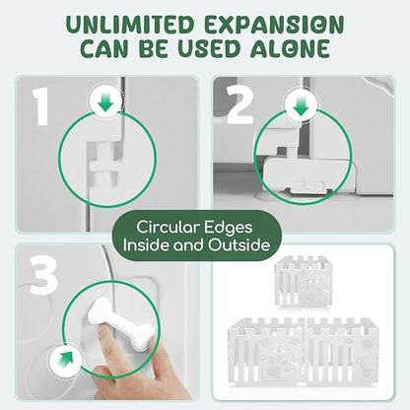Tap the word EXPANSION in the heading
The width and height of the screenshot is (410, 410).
(x=274, y=25)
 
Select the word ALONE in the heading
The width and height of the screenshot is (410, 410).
(x=290, y=48)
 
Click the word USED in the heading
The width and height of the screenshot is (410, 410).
(x=210, y=48)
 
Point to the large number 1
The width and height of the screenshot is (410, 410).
(x=41, y=106)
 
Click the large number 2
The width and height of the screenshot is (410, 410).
(x=240, y=105)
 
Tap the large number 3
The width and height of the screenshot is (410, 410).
(x=43, y=274)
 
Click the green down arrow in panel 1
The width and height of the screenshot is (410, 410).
(x=105, y=102)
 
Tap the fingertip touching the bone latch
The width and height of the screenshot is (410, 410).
(x=105, y=331)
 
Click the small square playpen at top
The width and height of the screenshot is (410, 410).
(x=304, y=281)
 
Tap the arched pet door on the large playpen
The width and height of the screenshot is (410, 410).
(x=278, y=362)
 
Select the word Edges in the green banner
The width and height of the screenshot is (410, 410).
(x=229, y=228)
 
